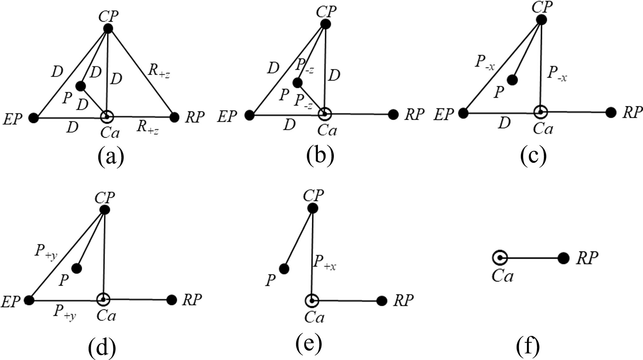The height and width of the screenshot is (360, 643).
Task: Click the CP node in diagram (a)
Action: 108,29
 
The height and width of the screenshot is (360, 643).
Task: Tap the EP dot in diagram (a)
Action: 33,118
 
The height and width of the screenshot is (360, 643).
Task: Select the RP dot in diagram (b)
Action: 393,114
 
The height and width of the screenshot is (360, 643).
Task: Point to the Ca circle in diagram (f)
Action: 500,258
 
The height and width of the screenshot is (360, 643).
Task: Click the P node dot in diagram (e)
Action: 284,269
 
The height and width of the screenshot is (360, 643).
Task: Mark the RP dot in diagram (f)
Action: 563,258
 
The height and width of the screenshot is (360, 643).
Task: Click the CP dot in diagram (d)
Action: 105,210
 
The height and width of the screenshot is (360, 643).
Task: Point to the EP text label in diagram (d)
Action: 11,301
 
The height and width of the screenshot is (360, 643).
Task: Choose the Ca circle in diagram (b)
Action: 325,114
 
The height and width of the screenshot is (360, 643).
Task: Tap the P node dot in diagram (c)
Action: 512,80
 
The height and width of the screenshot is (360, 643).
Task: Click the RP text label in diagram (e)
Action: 403,300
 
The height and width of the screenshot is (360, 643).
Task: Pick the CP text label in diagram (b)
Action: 326,12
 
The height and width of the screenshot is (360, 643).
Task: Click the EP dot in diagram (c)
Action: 463,113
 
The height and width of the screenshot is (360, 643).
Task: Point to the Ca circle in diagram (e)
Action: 311,301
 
